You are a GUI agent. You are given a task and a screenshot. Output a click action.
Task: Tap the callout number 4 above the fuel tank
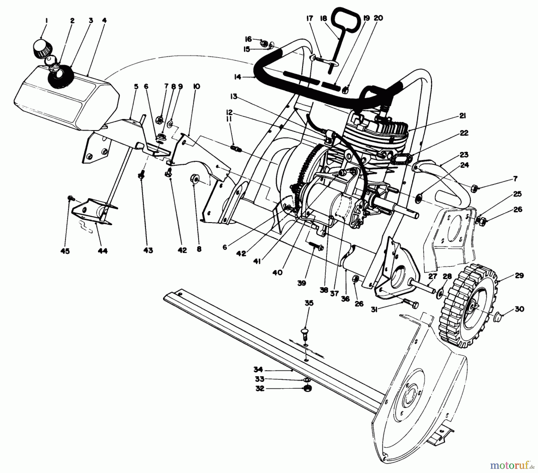[104, 21]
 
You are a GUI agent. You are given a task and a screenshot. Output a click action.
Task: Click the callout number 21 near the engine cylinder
[462, 116]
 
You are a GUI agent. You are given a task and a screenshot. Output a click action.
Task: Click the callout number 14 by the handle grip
[238, 77]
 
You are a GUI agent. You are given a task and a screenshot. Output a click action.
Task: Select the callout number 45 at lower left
[65, 251]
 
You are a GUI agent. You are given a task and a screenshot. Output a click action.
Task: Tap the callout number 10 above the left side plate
[196, 86]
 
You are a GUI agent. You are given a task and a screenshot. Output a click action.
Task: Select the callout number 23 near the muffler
[464, 155]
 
